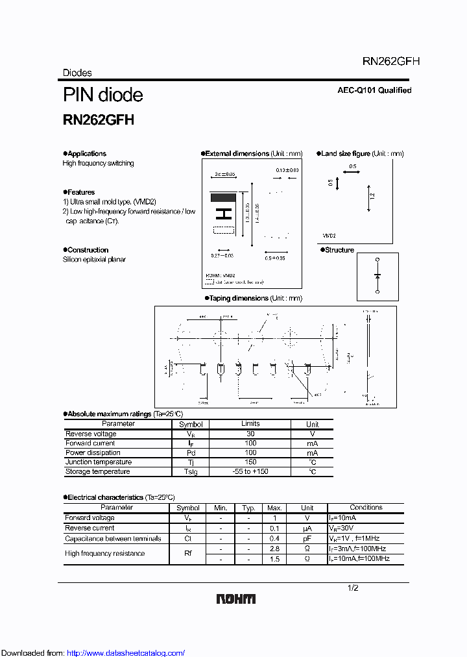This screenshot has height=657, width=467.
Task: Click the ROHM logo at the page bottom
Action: pos(236,599)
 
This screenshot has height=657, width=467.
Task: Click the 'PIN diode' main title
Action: pos(102,95)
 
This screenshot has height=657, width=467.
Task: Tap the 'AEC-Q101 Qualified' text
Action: pos(374,90)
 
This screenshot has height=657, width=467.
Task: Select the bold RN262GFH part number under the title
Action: pos(98,120)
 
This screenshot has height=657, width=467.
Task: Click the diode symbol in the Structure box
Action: pos(377,276)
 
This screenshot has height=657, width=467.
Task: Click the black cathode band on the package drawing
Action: pos(224,197)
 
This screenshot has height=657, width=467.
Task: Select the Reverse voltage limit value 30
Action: pos(250,434)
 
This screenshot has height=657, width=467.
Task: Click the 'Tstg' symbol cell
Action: pos(191,472)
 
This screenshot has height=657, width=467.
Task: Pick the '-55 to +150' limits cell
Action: pos(250,472)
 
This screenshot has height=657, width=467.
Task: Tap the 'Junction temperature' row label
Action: pos(97,462)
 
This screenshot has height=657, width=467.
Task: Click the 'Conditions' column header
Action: pos(366,508)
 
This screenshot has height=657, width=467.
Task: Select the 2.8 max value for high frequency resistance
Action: pos(274,549)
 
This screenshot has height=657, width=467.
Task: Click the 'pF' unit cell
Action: pos(307,538)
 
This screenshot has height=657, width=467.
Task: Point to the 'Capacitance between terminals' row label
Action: pos(113,538)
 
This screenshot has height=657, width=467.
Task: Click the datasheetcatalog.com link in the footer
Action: pos(126,653)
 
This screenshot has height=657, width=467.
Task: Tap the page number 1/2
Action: pos(353,588)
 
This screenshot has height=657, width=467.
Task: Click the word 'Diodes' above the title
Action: pos(77,73)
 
